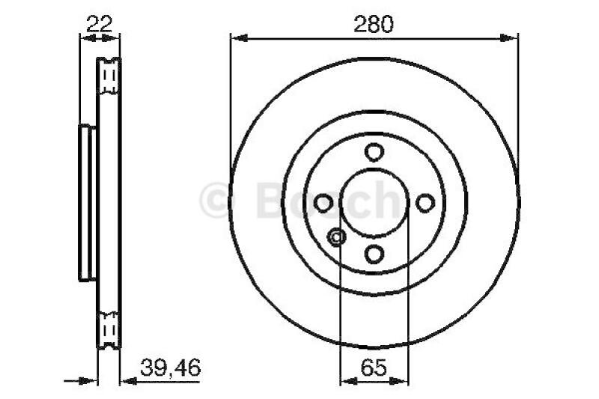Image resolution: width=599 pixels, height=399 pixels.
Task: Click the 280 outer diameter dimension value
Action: click(x=374, y=24)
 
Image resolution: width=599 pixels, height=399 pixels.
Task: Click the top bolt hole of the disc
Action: click(x=374, y=152)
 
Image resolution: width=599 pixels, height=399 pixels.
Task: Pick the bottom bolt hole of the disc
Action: click(x=374, y=255)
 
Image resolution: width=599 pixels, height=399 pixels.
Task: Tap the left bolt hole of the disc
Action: click(x=323, y=203)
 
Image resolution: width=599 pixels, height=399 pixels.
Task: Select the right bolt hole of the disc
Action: click(x=425, y=203)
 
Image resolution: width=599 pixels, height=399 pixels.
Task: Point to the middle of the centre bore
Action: click(x=374, y=203)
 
